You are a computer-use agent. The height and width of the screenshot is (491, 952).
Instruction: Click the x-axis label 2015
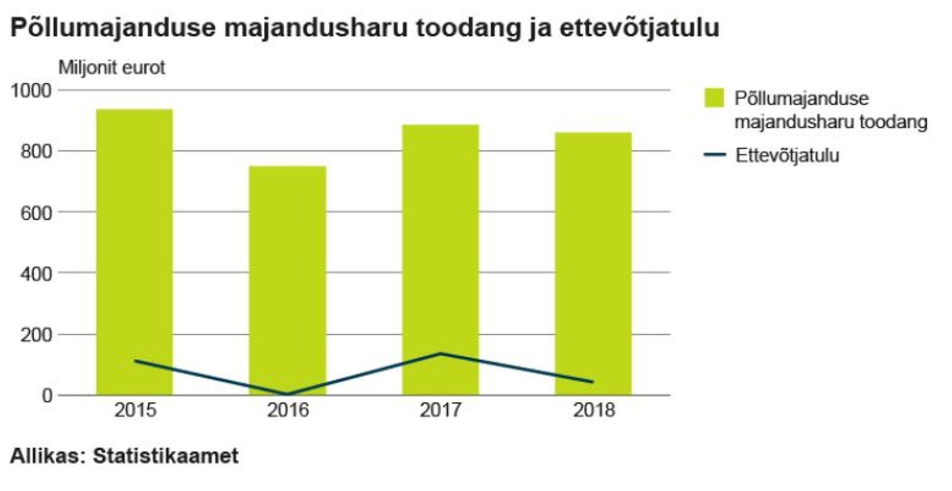[135, 410]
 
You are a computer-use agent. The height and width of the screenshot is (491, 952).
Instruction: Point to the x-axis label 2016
[288, 410]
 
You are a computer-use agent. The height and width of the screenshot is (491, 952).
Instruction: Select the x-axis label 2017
[440, 410]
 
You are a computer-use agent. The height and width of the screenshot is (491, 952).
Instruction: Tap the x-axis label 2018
[594, 410]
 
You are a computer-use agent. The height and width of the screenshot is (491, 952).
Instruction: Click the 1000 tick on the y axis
[31, 91]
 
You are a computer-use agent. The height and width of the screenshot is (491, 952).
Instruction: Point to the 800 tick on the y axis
[36, 152]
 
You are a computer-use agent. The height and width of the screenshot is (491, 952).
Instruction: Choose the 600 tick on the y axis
[36, 213]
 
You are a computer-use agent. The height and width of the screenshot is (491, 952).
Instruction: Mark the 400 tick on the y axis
[36, 274]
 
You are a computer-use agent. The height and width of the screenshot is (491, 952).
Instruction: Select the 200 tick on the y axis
[36, 335]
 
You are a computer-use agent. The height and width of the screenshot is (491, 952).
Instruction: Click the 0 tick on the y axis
[47, 396]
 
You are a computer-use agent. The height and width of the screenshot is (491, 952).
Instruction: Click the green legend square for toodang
[714, 98]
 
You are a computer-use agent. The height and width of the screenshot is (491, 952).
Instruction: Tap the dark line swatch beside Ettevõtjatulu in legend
[714, 155]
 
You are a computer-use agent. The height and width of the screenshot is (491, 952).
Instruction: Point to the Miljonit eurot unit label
[112, 68]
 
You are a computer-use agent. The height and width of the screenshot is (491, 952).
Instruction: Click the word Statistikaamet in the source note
[166, 456]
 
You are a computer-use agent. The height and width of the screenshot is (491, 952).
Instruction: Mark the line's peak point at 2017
[440, 353]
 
